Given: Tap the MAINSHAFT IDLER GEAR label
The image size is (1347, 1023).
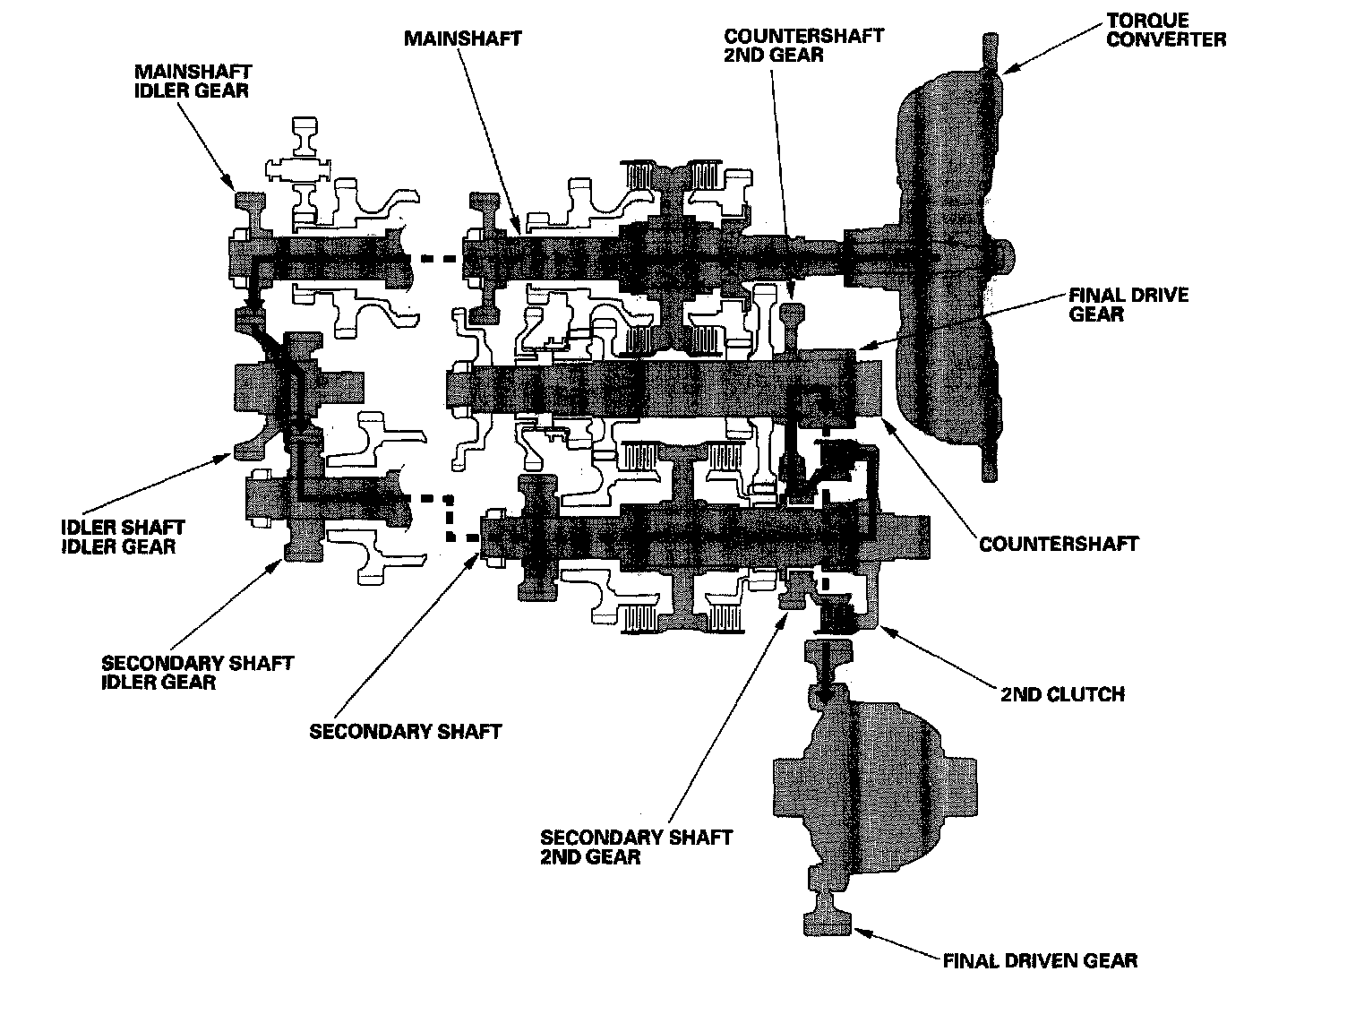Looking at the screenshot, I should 192,80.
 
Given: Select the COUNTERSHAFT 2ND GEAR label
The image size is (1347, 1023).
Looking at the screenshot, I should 803,45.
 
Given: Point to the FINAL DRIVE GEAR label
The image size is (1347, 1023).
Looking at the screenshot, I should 1128,305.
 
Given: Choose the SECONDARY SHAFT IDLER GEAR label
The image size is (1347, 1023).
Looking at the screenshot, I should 197,673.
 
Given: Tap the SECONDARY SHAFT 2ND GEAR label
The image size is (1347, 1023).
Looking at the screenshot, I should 636,847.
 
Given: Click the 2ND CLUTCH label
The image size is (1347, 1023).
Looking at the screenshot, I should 1062,694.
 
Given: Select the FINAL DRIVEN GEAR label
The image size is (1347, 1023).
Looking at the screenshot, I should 1040,961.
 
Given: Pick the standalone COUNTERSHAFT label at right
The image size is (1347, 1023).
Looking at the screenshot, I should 1059,544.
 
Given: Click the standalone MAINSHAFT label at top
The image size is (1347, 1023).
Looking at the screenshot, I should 462,39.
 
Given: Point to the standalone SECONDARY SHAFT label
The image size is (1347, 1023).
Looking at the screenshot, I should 405,731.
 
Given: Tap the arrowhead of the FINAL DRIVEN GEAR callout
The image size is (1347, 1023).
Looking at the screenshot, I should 859,933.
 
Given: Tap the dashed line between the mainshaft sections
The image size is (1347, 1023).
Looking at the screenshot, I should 436,260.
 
